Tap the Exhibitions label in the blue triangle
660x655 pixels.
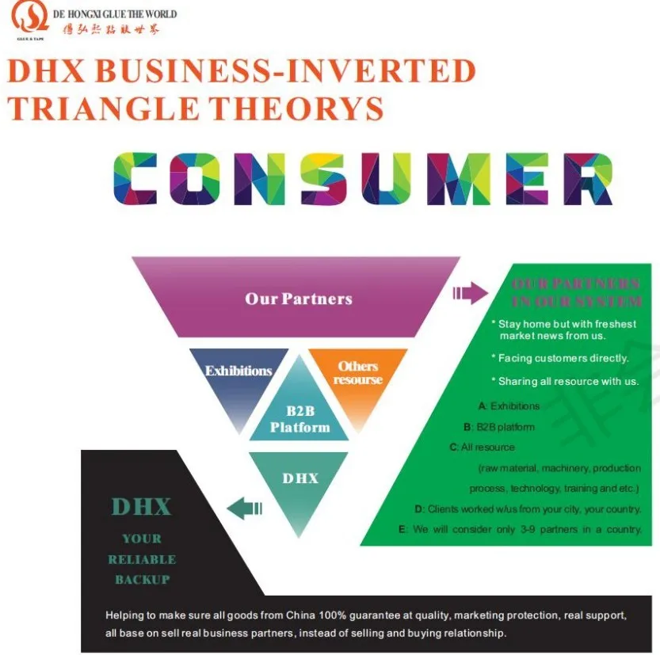pyautogui.click(x=238, y=371)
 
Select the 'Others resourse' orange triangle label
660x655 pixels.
pyautogui.click(x=358, y=372)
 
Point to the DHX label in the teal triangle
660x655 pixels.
pyautogui.click(x=299, y=478)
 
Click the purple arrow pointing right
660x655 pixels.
pyautogui.click(x=471, y=294)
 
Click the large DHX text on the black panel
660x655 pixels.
pyautogui.click(x=141, y=506)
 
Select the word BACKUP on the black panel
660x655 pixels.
pyautogui.click(x=143, y=579)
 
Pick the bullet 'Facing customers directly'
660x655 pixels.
pyautogui.click(x=562, y=358)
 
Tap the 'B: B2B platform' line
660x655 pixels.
pyautogui.click(x=499, y=427)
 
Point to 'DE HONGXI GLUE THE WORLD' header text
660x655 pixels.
pyautogui.click(x=114, y=14)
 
